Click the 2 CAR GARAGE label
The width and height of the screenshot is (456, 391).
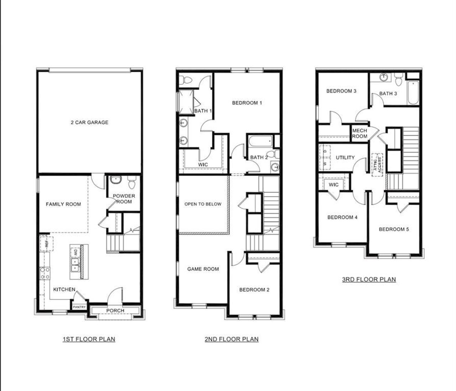[89, 122]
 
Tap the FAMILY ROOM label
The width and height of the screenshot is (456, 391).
[63, 204]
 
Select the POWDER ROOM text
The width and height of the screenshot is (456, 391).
[124, 199]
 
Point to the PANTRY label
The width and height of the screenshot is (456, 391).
[79, 307]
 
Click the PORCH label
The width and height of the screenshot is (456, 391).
[115, 311]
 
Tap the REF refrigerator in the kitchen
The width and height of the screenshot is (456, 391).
[46, 244]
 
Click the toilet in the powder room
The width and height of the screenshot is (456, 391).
[132, 183]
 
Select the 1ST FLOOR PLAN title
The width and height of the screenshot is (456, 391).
[89, 339]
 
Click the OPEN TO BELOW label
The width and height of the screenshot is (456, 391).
[203, 204]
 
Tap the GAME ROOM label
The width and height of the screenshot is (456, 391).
[203, 269]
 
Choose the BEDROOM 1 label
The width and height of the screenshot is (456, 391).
[247, 103]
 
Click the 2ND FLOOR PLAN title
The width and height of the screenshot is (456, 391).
[232, 339]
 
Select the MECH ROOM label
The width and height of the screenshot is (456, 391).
[359, 134]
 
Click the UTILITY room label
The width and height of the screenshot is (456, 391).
[345, 157]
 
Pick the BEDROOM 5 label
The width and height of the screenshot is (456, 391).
[394, 229]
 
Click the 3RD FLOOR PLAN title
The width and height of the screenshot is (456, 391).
[369, 279]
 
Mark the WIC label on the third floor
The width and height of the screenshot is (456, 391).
[333, 185]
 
